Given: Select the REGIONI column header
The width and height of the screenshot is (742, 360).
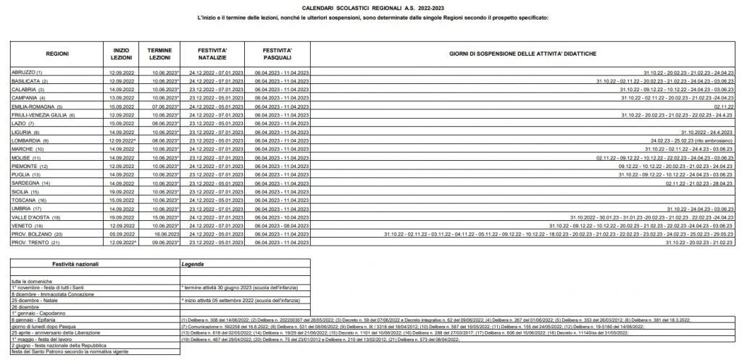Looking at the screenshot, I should click(57, 54).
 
